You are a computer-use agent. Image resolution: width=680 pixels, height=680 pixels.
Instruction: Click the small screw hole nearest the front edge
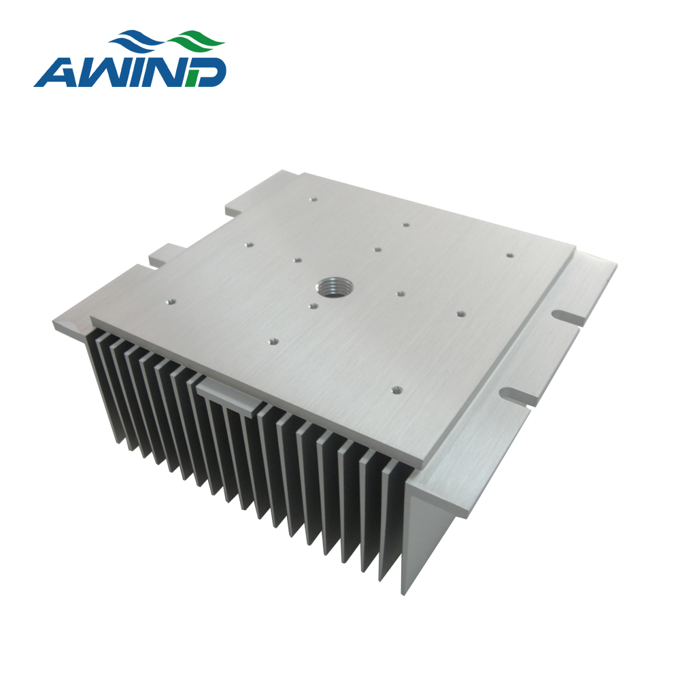(x=396, y=390)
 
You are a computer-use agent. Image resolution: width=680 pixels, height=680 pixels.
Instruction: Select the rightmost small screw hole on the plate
(x=510, y=255)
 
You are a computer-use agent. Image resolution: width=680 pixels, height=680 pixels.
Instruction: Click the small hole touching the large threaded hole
(x=313, y=306)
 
